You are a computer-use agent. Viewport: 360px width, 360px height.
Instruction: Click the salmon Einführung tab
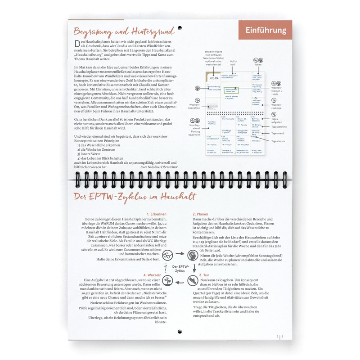266,31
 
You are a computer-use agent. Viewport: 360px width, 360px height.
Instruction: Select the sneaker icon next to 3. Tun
193,280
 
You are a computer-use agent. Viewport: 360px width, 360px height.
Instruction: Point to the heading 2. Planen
200,214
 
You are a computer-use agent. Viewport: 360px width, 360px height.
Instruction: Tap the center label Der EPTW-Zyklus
180,268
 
